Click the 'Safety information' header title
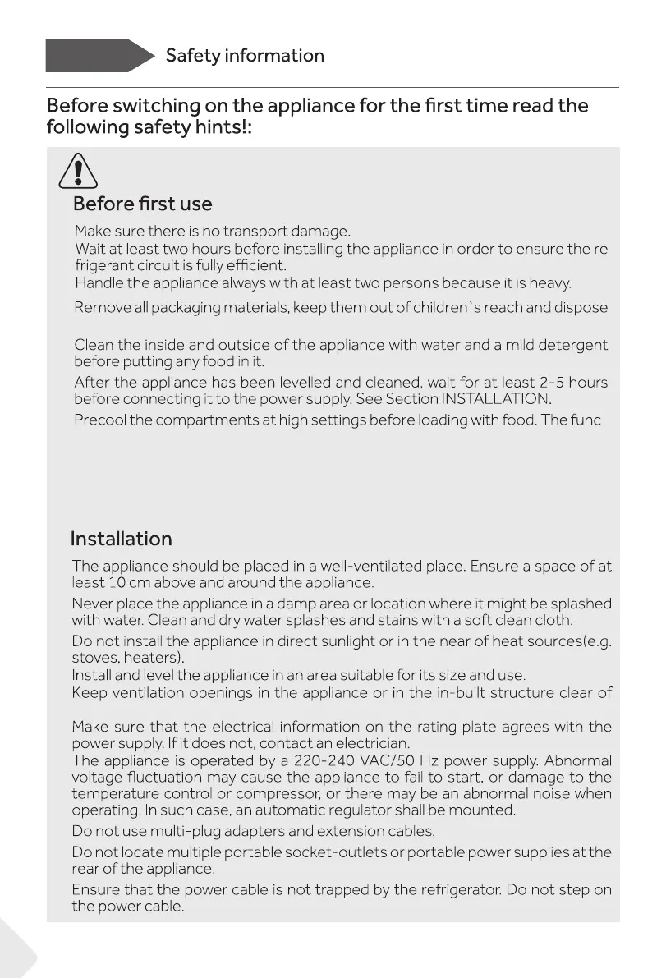(245, 56)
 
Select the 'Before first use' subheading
(142, 204)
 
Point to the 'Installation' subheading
(122, 539)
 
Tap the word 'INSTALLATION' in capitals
(494, 399)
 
